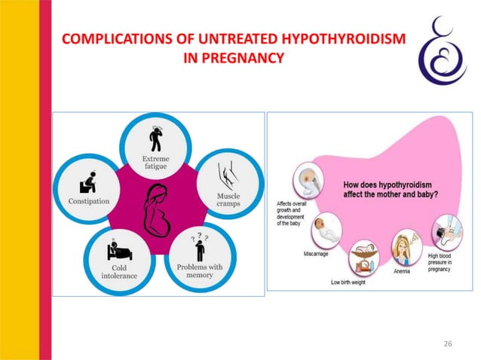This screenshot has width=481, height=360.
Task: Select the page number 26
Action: pos(447,343)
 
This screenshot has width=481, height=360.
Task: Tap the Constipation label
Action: pos(89,201)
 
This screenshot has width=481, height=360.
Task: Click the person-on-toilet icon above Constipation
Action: pos(88,183)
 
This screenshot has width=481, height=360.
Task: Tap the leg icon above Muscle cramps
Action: pos(226,177)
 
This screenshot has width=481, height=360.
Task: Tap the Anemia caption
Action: pos(402,271)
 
